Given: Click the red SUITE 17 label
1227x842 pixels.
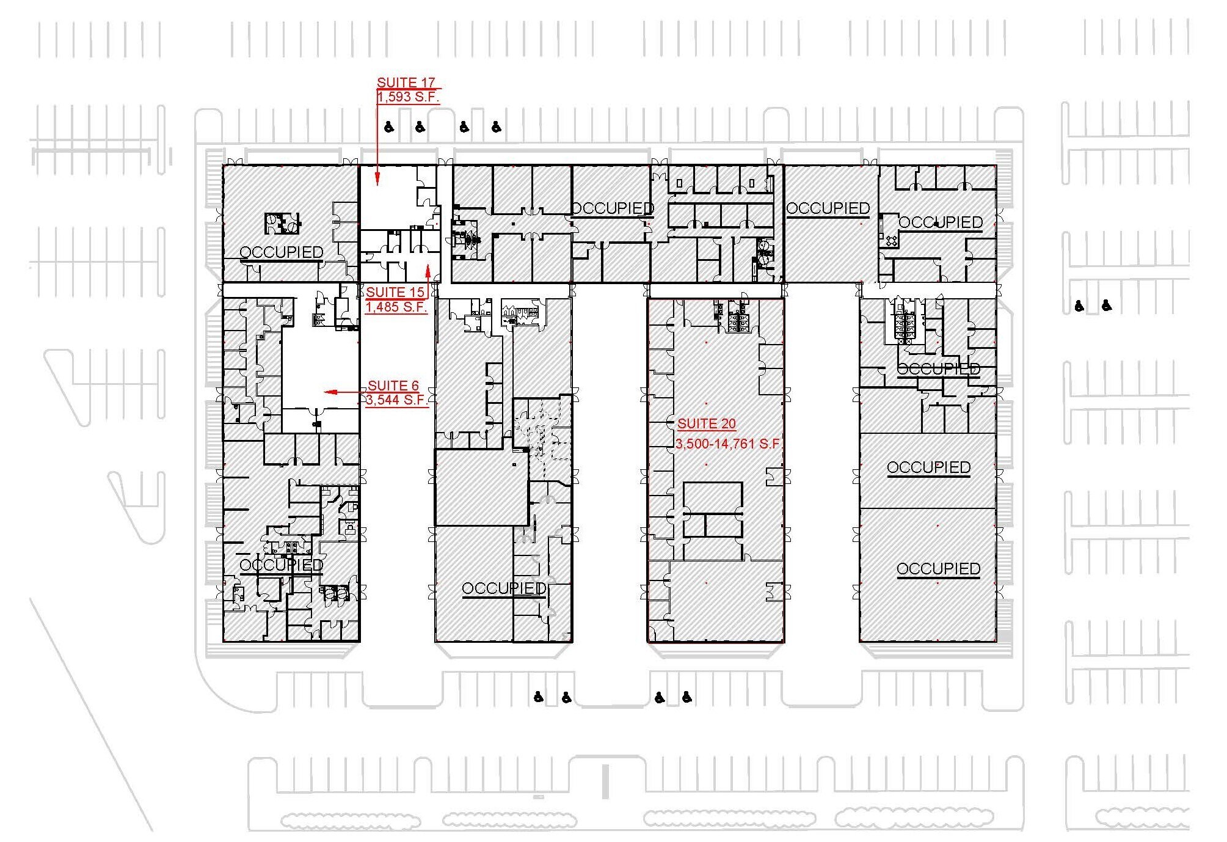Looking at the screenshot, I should (x=406, y=82).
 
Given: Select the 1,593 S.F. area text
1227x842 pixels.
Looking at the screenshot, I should (x=407, y=97).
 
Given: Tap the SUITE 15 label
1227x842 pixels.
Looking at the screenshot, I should (x=395, y=292).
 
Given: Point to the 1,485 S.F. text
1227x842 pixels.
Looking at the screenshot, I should (x=396, y=307).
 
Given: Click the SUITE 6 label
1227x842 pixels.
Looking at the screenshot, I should (x=393, y=386).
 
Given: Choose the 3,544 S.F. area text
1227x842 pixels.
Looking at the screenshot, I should (x=396, y=400).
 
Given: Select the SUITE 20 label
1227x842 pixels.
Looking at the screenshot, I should (x=706, y=423).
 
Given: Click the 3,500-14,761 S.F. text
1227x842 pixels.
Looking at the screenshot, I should (x=728, y=444).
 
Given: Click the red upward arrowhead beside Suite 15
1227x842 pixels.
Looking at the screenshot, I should (x=428, y=271).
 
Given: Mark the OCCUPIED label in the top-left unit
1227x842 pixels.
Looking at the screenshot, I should (x=281, y=252).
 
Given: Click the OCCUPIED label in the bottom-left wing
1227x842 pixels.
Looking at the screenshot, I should (x=281, y=565).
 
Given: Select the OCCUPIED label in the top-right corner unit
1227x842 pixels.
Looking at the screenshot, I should (x=941, y=222).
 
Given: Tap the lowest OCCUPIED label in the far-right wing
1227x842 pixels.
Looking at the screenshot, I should (x=938, y=568).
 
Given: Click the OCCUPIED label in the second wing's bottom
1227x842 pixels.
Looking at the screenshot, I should (x=504, y=588).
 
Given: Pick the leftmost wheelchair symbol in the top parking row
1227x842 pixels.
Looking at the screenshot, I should (x=389, y=127).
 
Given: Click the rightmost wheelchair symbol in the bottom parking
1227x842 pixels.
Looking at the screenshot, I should (x=687, y=696).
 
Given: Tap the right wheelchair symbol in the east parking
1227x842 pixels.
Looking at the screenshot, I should (x=1107, y=305).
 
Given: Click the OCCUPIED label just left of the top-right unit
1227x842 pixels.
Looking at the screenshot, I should (x=828, y=208).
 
